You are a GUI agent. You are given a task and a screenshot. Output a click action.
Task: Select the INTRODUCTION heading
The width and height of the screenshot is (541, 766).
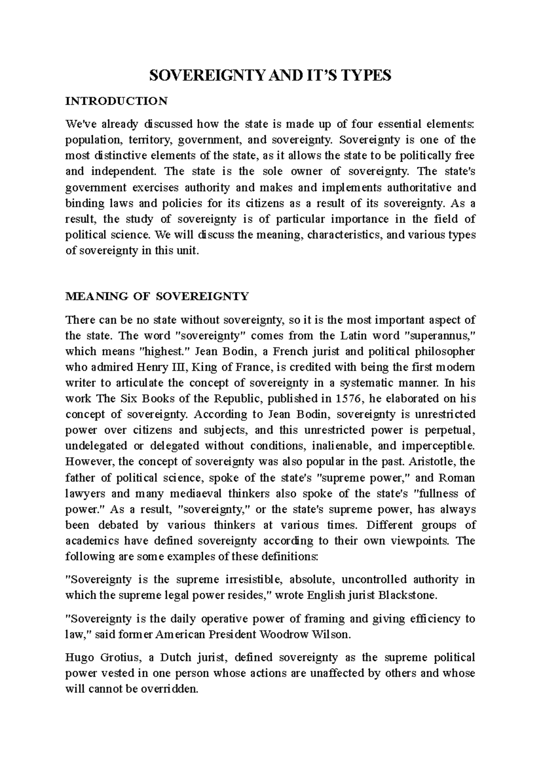point(116,101)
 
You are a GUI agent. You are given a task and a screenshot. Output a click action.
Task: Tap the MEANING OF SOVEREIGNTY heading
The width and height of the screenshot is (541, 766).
point(157,296)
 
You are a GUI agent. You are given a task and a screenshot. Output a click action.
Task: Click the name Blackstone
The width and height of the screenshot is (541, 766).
point(407,595)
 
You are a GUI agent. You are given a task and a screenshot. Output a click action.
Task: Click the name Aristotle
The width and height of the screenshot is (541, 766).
point(433,462)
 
